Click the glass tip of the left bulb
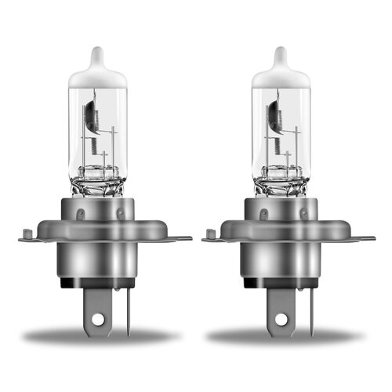pos(96,56)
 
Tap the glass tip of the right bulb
pos(281,56)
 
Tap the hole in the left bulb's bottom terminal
pos(97,320)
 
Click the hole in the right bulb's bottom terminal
pos(281,320)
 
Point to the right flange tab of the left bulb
pos(179,238)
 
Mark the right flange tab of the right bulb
pos(362,238)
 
